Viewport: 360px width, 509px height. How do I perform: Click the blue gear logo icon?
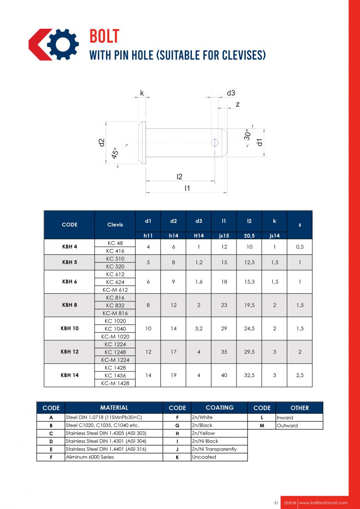click(x=63, y=44)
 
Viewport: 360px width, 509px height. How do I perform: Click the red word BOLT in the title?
click(x=104, y=36)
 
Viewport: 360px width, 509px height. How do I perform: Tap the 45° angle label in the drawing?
click(x=115, y=153)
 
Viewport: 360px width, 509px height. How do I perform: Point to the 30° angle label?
click(x=247, y=135)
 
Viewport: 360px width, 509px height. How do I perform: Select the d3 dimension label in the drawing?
click(x=231, y=93)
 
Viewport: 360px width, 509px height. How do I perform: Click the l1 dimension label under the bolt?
click(x=187, y=188)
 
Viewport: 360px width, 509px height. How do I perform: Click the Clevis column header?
click(x=115, y=224)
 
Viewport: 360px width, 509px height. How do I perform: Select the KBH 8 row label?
click(x=69, y=305)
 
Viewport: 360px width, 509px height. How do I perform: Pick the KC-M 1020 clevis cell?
click(x=115, y=336)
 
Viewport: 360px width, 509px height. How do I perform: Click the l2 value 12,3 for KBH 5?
click(x=249, y=263)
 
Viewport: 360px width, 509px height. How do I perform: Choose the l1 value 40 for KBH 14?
click(x=224, y=375)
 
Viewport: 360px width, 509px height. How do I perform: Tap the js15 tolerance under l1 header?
click(x=224, y=235)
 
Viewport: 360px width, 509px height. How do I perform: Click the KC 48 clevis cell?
click(x=115, y=243)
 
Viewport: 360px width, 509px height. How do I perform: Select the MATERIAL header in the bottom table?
click(x=114, y=408)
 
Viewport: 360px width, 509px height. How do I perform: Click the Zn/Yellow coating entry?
click(x=203, y=433)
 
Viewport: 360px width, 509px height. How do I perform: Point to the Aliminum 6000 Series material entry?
click(x=90, y=457)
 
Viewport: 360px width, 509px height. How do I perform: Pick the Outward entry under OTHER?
click(x=287, y=425)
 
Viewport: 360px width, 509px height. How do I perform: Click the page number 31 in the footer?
click(x=276, y=503)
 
